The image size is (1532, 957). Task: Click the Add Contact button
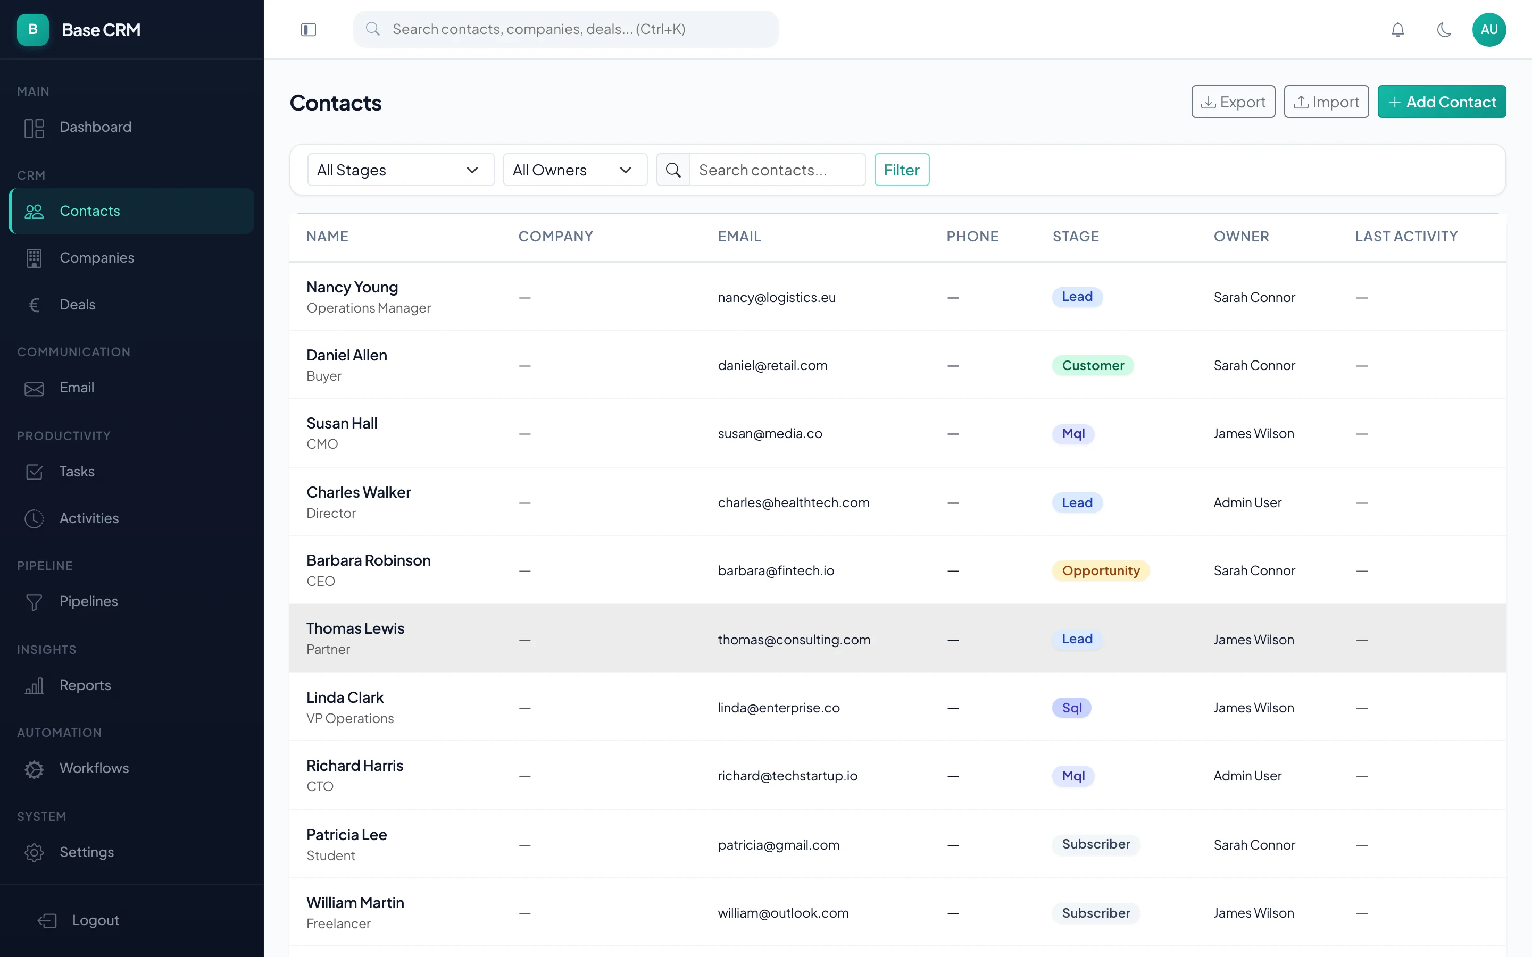point(1441,102)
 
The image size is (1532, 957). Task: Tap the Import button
point(1326,102)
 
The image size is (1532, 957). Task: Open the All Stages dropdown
point(400,170)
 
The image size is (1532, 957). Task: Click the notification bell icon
point(1397,30)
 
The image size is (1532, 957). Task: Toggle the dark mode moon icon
point(1443,30)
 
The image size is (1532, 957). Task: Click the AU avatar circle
point(1488,30)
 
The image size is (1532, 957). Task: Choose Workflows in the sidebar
point(94,768)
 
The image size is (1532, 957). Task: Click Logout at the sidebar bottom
point(95,920)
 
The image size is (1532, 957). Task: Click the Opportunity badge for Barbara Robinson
point(1100,570)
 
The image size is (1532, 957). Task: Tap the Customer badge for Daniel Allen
point(1092,365)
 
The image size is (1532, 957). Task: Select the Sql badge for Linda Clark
point(1071,708)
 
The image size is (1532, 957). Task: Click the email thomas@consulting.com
point(794,639)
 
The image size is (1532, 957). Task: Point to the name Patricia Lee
point(346,834)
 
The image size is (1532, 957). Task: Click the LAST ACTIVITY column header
point(1405,236)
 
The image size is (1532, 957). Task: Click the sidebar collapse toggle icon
point(309,30)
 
